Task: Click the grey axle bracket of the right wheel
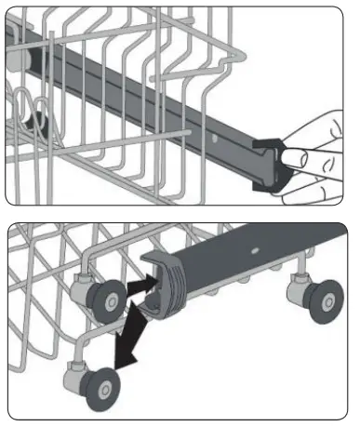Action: (x=300, y=283)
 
